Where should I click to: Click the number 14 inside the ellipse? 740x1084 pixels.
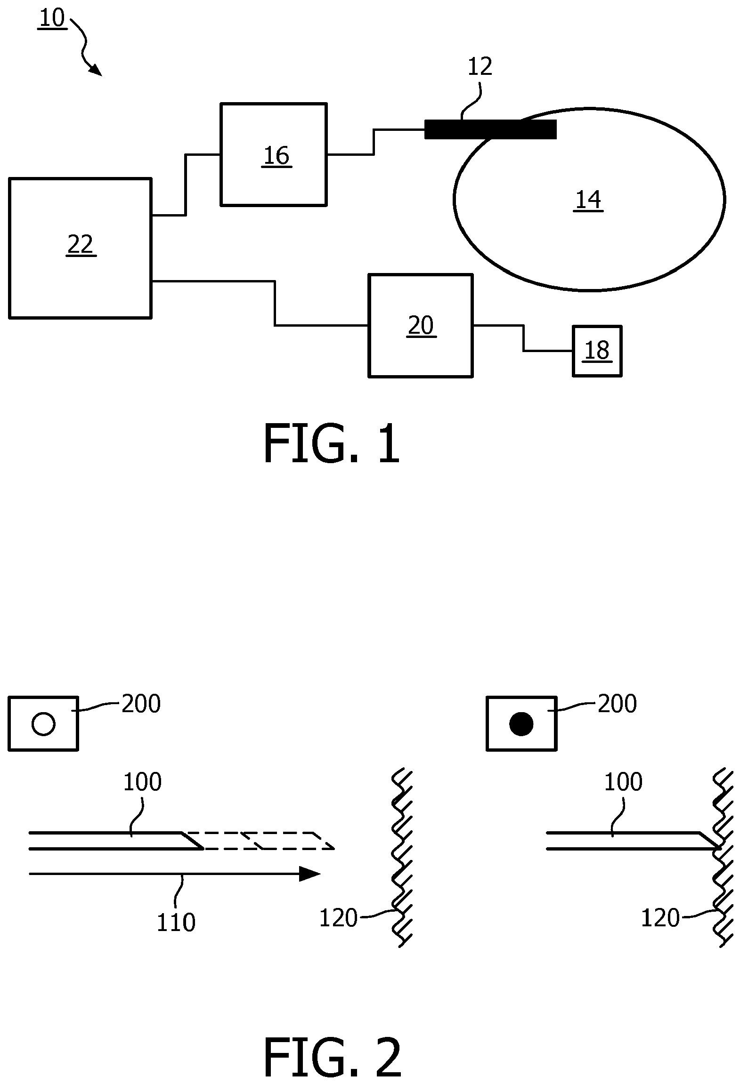click(x=588, y=200)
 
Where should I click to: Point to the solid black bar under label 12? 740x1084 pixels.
click(x=490, y=129)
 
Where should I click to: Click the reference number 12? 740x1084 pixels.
click(x=480, y=66)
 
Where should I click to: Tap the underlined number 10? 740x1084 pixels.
click(x=52, y=19)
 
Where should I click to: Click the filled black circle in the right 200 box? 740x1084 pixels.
click(x=521, y=723)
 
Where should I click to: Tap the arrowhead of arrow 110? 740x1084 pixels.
click(x=310, y=874)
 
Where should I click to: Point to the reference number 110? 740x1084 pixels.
click(x=176, y=923)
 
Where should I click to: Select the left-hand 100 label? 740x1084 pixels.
click(x=142, y=782)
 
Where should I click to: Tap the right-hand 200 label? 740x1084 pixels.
click(x=617, y=704)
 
